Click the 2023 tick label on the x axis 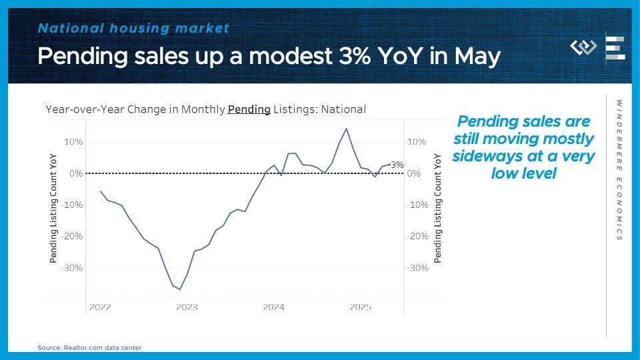187,307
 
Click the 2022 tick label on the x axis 100,307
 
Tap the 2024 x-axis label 273,307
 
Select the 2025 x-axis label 361,307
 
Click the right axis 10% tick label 417,142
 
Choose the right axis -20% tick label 417,237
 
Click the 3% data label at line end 397,165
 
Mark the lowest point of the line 180,289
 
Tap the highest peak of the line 346,129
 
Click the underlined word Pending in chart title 249,109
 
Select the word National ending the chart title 344,109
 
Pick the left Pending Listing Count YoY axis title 53,207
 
